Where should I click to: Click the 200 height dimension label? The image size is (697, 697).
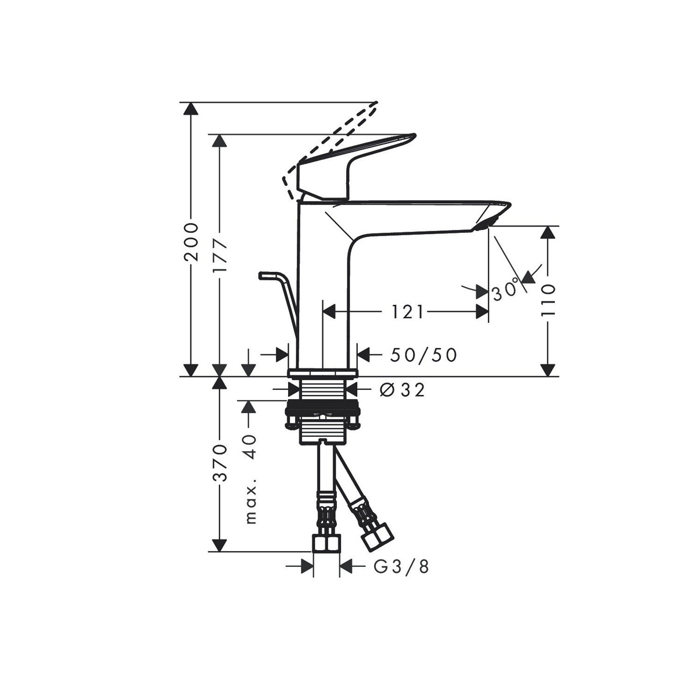coord(191,242)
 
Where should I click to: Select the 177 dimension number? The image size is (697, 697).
coord(220,256)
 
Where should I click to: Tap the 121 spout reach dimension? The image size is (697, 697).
coord(407,311)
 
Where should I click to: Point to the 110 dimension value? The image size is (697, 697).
coord(548,300)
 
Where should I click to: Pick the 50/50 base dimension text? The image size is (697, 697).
coord(423,355)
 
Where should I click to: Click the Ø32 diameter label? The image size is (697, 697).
coord(402,390)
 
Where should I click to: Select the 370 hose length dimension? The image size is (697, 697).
coord(220,463)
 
